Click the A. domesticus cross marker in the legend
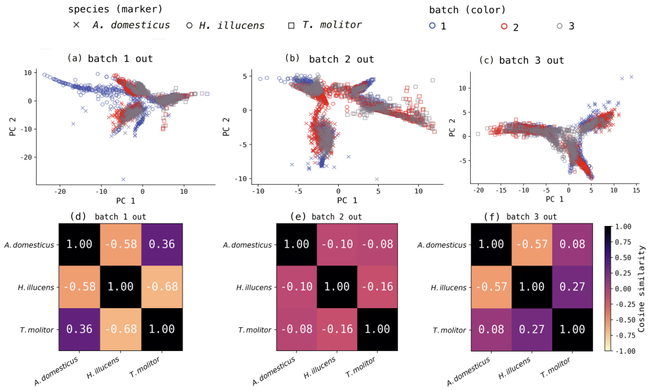pos(76,25)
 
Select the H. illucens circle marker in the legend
pos(190,26)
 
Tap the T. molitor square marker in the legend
pos(292,26)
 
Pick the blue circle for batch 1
pos(433,26)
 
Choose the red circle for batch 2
pos(504,26)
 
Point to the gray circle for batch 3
pos(559,26)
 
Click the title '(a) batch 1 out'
pos(110,58)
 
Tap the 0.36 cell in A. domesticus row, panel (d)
pos(162,244)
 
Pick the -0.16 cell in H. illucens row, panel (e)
pos(378,287)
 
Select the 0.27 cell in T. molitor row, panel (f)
pos(532,330)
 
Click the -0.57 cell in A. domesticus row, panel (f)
pos(532,244)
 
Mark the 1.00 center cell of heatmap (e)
pos(337,287)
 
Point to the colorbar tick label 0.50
pos(623,258)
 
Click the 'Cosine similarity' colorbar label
pos(641,289)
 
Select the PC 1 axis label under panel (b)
pos(347,200)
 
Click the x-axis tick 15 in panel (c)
pos(636,190)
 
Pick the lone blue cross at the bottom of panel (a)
pos(123,179)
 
